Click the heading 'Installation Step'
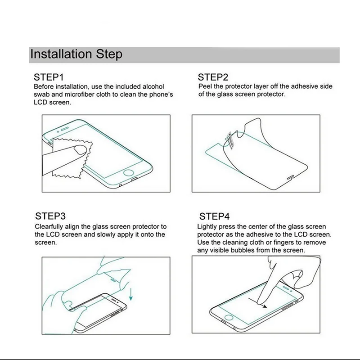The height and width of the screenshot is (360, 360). click(x=76, y=54)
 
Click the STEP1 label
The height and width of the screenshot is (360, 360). click(x=49, y=77)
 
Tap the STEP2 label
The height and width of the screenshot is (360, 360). click(x=213, y=77)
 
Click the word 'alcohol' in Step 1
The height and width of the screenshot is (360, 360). click(x=153, y=86)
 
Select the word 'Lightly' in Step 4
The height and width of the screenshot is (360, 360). click(x=208, y=227)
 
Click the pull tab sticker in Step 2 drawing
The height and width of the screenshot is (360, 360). click(x=229, y=137)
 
